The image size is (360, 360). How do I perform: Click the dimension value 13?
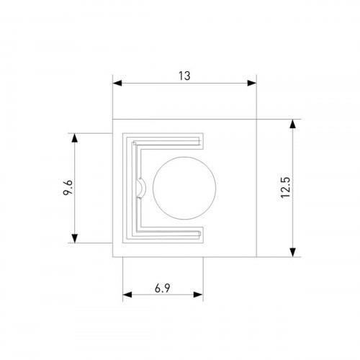coord(184,76)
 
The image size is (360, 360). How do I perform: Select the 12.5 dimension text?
coord(286,187)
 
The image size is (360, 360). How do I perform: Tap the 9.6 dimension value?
coord(68,187)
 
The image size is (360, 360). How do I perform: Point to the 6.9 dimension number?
coord(163,288)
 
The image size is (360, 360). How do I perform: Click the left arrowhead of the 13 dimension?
coord(117,84)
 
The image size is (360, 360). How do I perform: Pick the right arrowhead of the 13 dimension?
coord(252,84)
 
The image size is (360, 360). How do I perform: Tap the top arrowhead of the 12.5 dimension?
coord(292,124)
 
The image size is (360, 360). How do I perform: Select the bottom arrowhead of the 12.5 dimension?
coord(292,252)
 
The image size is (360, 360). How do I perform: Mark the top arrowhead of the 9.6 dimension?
coord(75,138)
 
